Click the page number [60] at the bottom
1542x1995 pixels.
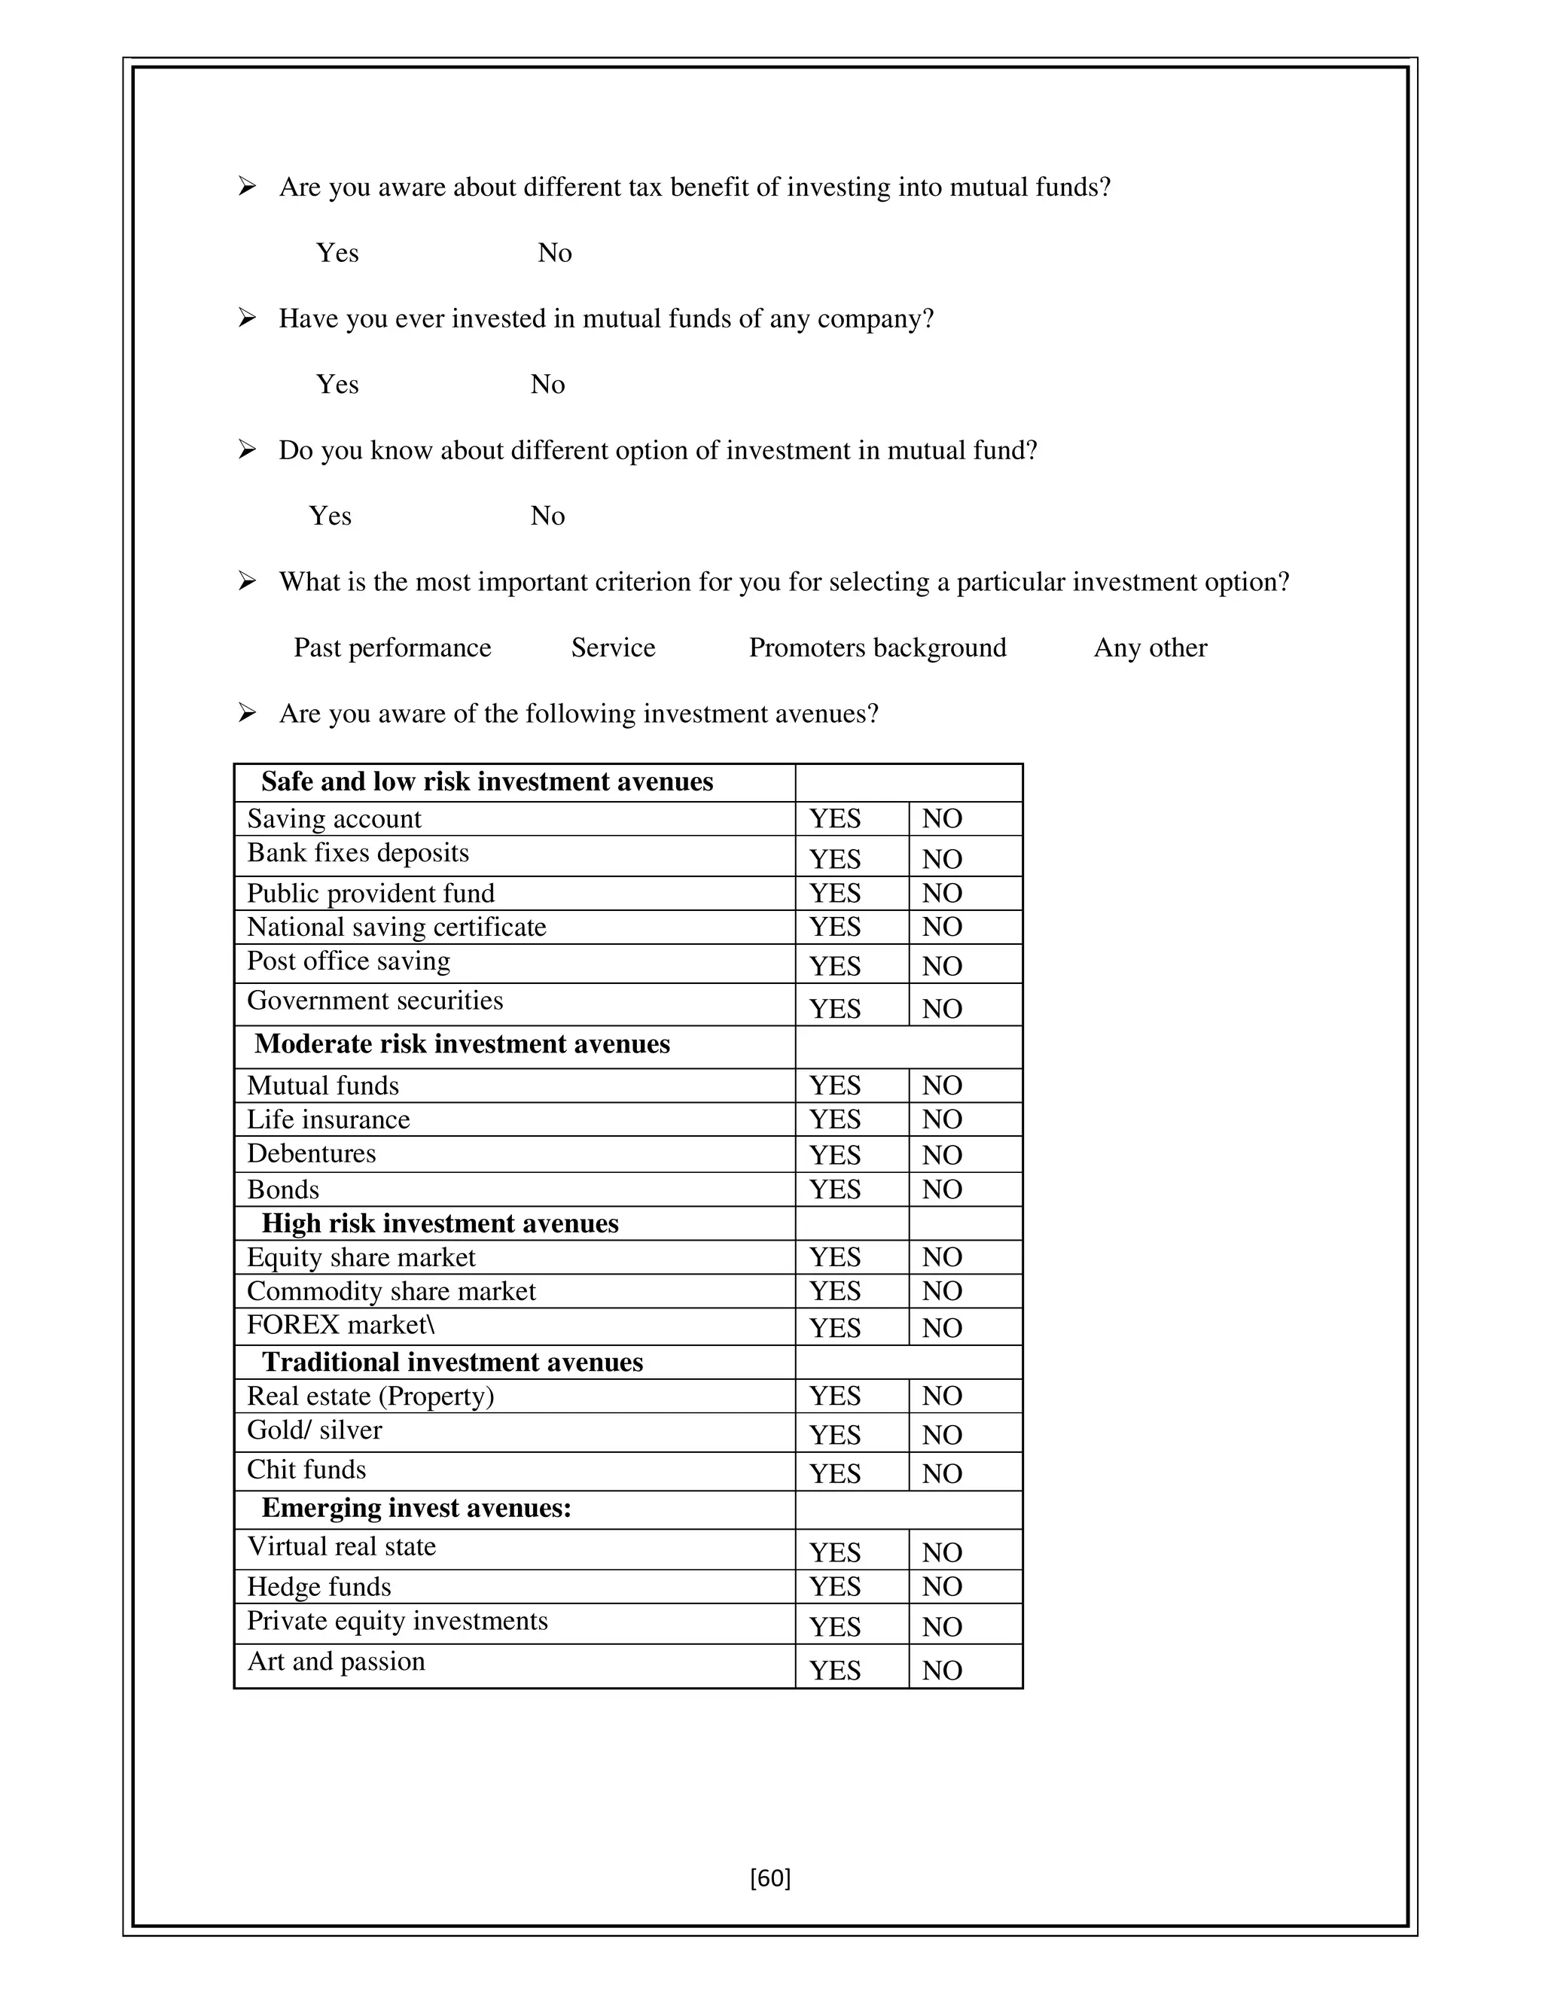tap(770, 1878)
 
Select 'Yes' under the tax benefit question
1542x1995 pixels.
tap(337, 253)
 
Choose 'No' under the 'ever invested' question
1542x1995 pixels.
tap(547, 385)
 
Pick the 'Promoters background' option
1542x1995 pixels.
tap(877, 647)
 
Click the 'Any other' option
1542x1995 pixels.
tap(1150, 647)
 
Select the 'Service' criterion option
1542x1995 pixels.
tap(613, 647)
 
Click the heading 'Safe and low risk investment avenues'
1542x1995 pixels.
tap(487, 782)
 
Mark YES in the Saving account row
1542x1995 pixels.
tap(835, 818)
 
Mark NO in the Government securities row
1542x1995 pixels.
tap(942, 1010)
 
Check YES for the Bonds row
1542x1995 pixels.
tap(835, 1189)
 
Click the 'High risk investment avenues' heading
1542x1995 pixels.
tap(440, 1224)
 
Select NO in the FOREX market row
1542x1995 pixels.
tap(942, 1328)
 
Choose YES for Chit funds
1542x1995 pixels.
tap(835, 1473)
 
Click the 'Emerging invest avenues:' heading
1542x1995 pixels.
tap(416, 1508)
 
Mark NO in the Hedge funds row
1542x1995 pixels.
tap(942, 1587)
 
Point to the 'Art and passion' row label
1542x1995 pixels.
tap(336, 1661)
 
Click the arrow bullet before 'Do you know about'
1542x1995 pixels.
tap(247, 450)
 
